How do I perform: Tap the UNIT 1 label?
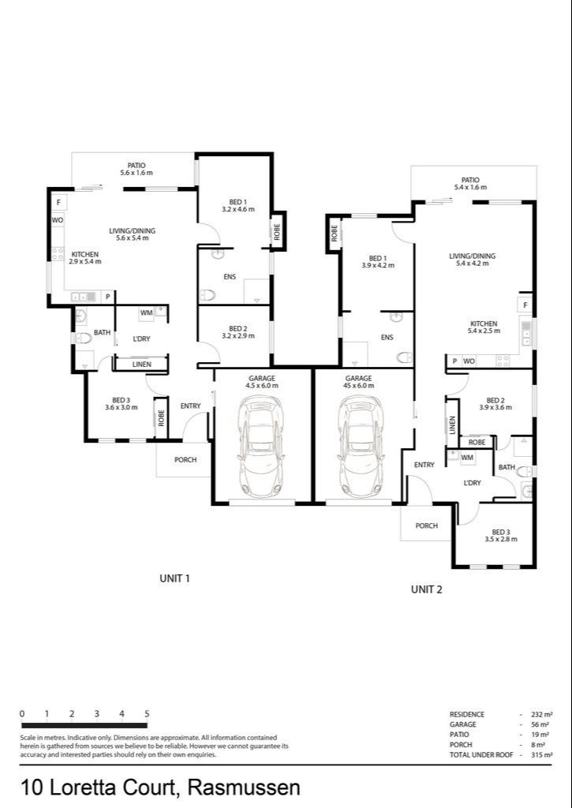175,578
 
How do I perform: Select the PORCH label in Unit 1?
185,460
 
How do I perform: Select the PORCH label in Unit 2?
426,526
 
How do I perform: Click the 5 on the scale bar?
147,714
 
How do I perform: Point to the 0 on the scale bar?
22,714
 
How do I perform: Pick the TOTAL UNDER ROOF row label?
481,755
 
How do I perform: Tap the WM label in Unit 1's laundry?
146,313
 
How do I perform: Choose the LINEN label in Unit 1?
142,365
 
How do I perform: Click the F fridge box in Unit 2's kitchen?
525,305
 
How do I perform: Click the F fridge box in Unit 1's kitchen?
58,203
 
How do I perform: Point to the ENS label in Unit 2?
387,338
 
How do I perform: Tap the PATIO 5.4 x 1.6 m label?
470,184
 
